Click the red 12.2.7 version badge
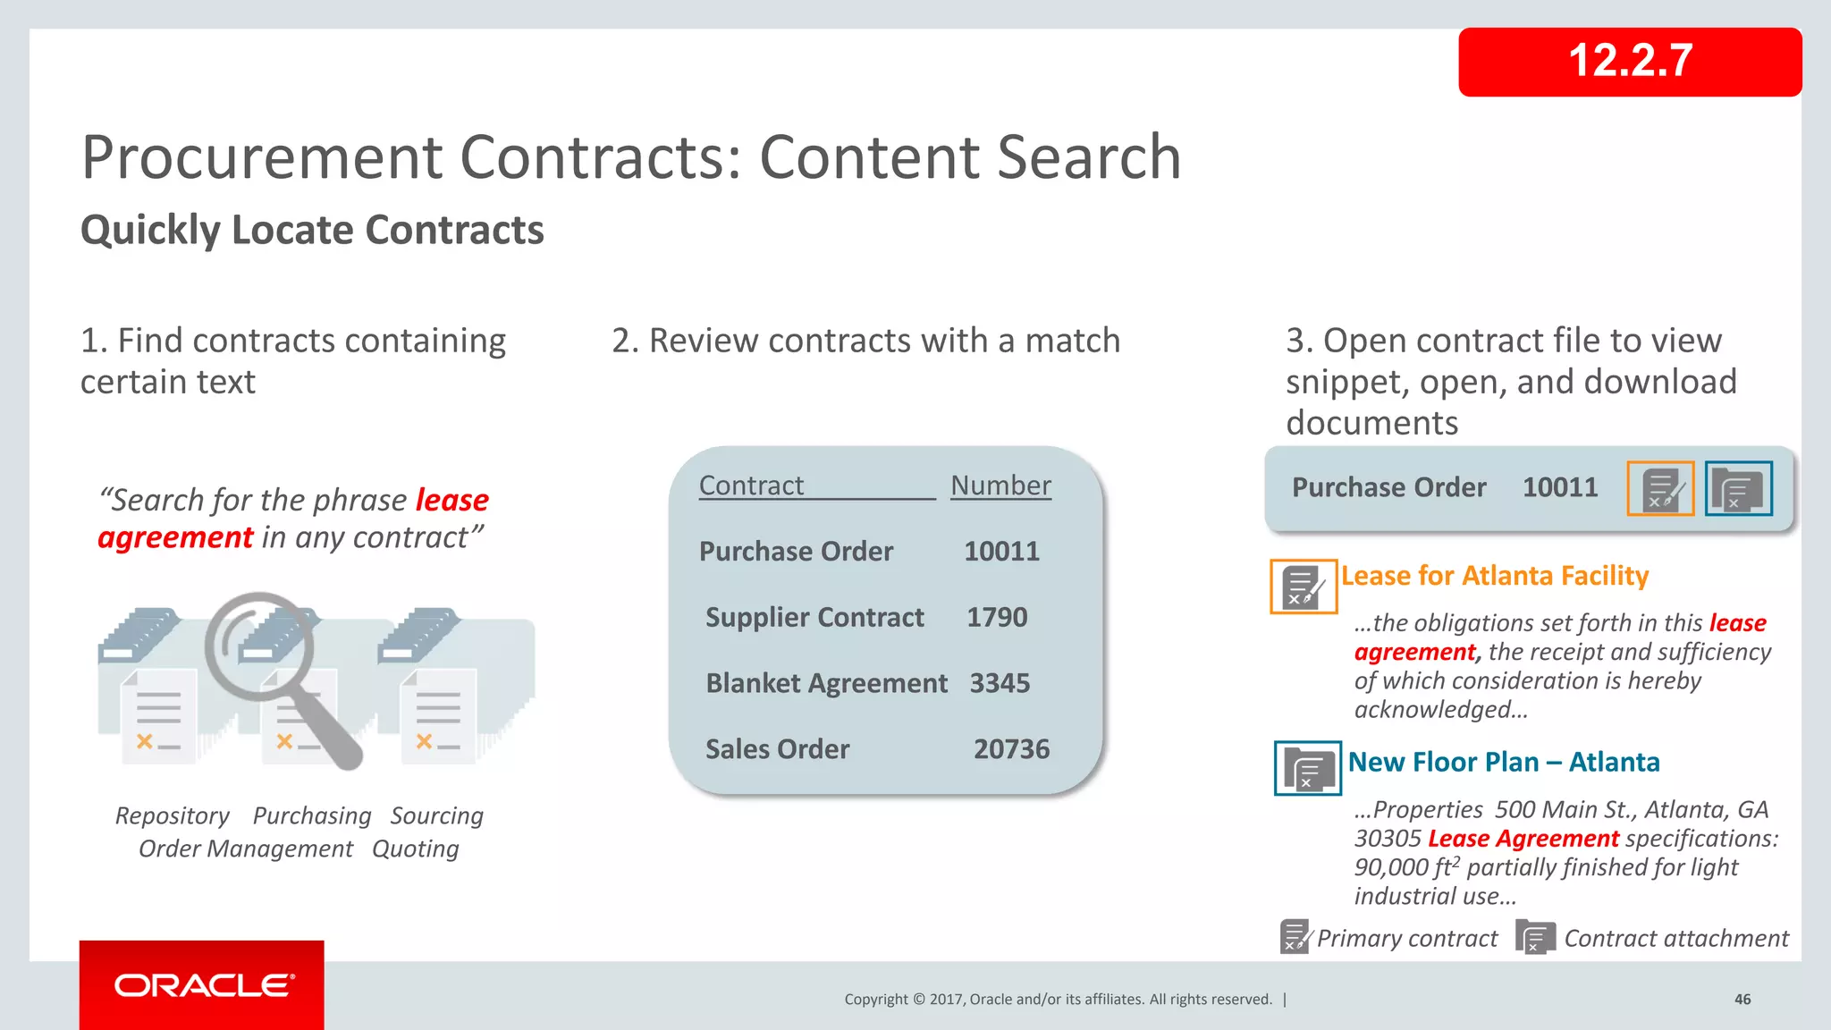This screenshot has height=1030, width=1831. (1629, 62)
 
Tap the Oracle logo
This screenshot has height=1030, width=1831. (204, 985)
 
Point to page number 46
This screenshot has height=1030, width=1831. (1742, 1000)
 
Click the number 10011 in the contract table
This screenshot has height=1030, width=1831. (1001, 552)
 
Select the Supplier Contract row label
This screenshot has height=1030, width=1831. (814, 618)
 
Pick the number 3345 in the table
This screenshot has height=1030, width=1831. (1000, 684)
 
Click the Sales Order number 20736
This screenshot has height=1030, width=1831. (1011, 749)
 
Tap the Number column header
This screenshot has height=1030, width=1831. (1000, 485)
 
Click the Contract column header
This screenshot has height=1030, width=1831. (751, 485)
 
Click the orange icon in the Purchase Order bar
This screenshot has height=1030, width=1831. (1660, 488)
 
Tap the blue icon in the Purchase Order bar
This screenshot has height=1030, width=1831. (1738, 488)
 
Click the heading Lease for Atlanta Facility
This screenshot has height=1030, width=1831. (1494, 576)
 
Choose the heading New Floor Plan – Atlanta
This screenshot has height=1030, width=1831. (1503, 763)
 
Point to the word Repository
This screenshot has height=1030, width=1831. (173, 816)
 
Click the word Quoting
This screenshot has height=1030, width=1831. (416, 849)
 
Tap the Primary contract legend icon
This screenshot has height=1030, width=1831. (1294, 937)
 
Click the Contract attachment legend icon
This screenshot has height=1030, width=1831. (1535, 937)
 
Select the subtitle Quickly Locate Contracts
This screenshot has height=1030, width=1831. (312, 230)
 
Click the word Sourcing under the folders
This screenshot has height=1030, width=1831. (436, 816)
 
